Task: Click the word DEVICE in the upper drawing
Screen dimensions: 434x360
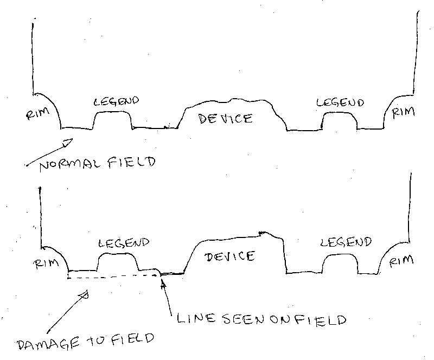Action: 226,119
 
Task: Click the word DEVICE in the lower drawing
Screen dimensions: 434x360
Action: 229,256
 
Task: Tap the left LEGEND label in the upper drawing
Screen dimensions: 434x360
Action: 116,101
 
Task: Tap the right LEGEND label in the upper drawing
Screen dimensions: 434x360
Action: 340,102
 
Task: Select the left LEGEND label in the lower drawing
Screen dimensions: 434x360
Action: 124,243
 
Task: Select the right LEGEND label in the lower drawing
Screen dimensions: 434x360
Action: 346,242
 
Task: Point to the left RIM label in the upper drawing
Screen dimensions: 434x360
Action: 37,113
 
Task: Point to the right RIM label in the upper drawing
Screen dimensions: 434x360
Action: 403,112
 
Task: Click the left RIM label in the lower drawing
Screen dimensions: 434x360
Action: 46,263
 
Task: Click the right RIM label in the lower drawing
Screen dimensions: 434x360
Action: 401,261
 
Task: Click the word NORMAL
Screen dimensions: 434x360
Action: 72,165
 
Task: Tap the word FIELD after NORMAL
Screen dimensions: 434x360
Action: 132,162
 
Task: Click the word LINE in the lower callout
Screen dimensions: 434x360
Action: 196,318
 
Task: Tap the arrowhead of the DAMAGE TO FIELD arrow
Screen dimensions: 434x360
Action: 84,295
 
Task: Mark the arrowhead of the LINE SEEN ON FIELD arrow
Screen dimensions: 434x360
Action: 164,285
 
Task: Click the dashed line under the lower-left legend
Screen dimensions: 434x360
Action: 113,277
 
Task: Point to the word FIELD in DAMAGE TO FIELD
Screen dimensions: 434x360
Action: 133,339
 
